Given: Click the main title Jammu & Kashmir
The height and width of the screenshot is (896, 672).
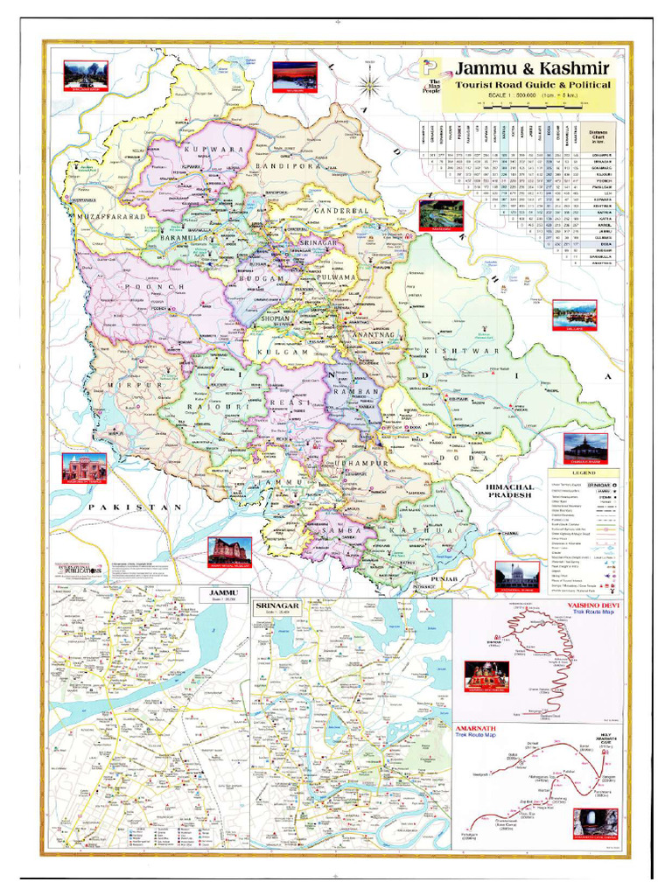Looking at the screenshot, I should pyautogui.click(x=531, y=68).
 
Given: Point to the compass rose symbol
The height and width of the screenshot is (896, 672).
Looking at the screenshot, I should pyautogui.click(x=370, y=86).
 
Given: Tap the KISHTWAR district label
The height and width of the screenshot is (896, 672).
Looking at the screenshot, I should pyautogui.click(x=454, y=351).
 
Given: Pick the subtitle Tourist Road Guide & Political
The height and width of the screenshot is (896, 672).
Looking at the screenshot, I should pyautogui.click(x=533, y=85).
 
